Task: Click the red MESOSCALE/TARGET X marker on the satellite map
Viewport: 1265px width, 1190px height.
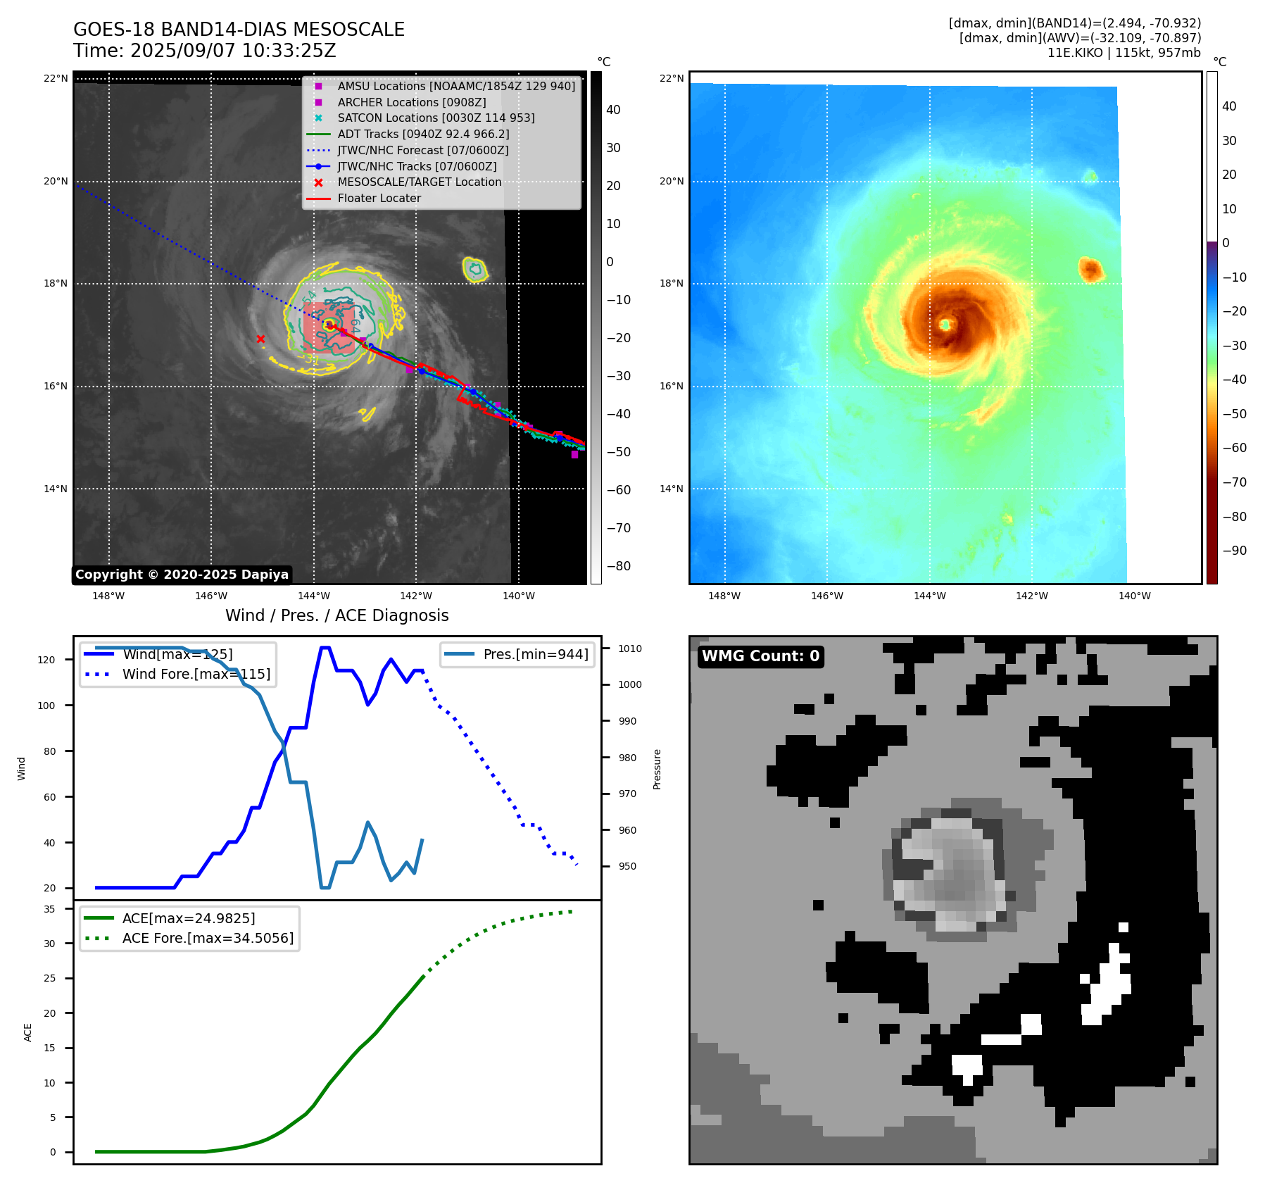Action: click(260, 339)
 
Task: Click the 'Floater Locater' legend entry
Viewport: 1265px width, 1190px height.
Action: click(379, 199)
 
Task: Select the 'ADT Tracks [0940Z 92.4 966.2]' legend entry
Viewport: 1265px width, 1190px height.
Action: click(423, 134)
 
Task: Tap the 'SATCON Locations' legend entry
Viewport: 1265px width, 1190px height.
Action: click(436, 118)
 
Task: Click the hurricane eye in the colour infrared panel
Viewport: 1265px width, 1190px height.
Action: click(945, 324)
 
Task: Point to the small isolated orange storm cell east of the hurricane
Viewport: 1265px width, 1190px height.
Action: click(1090, 269)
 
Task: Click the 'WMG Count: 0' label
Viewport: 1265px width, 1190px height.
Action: click(760, 656)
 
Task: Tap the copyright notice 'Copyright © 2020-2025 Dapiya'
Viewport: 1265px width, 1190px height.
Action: click(182, 575)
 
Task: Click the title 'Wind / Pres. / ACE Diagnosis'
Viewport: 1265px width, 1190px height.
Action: click(336, 615)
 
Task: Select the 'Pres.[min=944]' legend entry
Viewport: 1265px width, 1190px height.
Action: click(535, 654)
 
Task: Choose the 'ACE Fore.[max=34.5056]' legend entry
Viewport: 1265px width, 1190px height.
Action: click(208, 938)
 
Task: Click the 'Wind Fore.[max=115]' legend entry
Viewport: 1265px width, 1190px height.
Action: click(196, 674)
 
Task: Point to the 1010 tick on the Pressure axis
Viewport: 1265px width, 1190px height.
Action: click(630, 649)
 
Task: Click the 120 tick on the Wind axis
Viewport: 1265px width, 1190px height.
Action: click(46, 660)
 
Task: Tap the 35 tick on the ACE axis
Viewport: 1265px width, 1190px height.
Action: click(49, 909)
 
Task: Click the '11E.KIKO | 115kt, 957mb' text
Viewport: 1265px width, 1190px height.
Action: click(1124, 53)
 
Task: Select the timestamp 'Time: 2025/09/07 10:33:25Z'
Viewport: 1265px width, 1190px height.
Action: click(205, 51)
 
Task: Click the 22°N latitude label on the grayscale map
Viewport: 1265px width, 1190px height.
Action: click(56, 78)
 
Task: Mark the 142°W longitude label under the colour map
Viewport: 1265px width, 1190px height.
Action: click(1031, 596)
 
